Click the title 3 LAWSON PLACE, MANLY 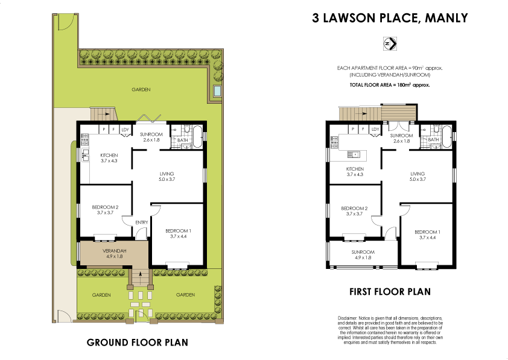coord(389,18)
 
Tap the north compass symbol coord(389,43)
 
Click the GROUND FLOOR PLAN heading coord(137,343)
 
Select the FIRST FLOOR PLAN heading coord(390,292)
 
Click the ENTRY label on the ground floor coord(142,223)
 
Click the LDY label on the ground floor coord(125,129)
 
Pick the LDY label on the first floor coord(375,128)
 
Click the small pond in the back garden coord(217,92)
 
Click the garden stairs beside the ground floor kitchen coord(103,114)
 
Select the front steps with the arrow coord(141,277)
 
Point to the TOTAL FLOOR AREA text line coord(390,86)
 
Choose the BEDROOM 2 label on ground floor coord(105,209)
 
